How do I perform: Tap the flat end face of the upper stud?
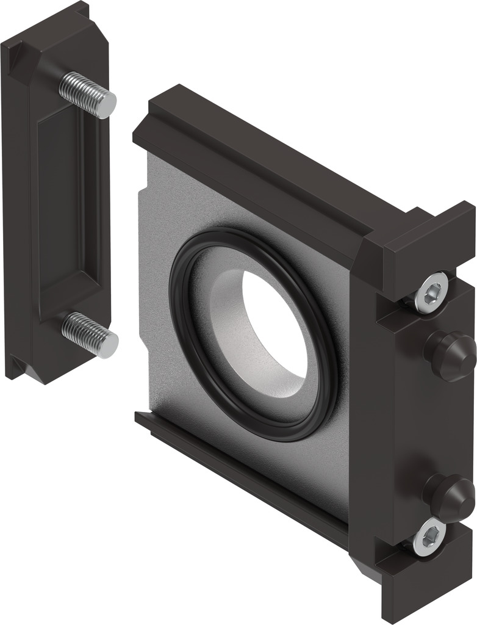click(x=107, y=105)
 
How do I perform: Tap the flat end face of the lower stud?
click(x=109, y=346)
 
